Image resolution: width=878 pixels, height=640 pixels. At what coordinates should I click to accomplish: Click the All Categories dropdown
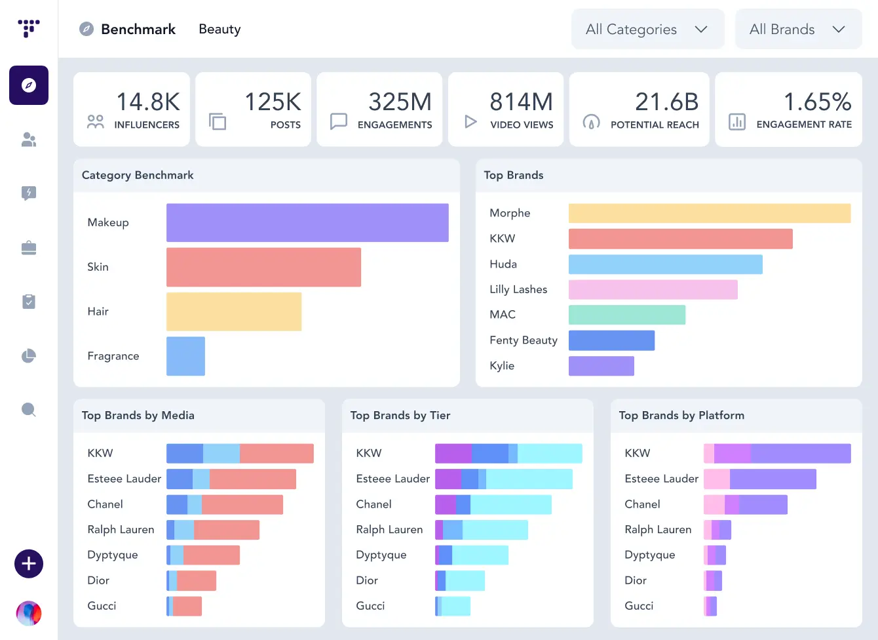point(647,30)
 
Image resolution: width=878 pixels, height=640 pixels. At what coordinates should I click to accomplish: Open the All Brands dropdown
point(797,30)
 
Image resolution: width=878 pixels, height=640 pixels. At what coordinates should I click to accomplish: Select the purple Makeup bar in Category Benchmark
point(307,223)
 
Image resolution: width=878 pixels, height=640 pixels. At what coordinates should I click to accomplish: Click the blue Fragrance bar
point(185,356)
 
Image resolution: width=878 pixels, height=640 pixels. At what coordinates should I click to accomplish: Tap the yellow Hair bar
point(234,311)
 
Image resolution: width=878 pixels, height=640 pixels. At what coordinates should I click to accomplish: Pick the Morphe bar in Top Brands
point(710,213)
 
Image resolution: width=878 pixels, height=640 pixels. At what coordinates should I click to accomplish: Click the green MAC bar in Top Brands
point(627,315)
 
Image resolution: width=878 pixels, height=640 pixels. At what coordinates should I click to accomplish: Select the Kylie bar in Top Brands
point(601,366)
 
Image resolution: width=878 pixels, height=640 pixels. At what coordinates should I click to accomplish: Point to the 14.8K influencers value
point(148,102)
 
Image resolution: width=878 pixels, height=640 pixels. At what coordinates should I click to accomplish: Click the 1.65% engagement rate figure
point(818,102)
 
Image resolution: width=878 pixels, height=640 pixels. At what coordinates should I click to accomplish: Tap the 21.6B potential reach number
point(667,102)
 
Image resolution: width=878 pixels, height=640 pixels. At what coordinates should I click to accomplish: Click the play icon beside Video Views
point(470,121)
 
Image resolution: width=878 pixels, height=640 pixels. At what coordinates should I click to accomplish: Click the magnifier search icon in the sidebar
point(29,410)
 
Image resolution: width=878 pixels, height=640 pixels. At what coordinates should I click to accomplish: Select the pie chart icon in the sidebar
point(29,356)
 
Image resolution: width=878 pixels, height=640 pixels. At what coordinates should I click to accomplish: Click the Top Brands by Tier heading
point(400,415)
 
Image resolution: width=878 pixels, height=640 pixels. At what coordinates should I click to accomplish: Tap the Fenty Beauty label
point(524,340)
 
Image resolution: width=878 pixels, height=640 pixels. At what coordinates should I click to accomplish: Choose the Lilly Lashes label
point(518,289)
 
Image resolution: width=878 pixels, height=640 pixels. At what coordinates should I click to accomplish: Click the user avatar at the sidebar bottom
point(29,614)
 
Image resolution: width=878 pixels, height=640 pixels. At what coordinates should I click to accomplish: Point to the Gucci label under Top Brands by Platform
point(639,606)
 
